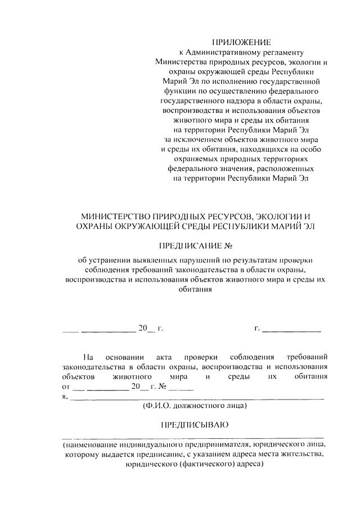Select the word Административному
coord(226,52)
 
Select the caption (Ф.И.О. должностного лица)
coord(194,406)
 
